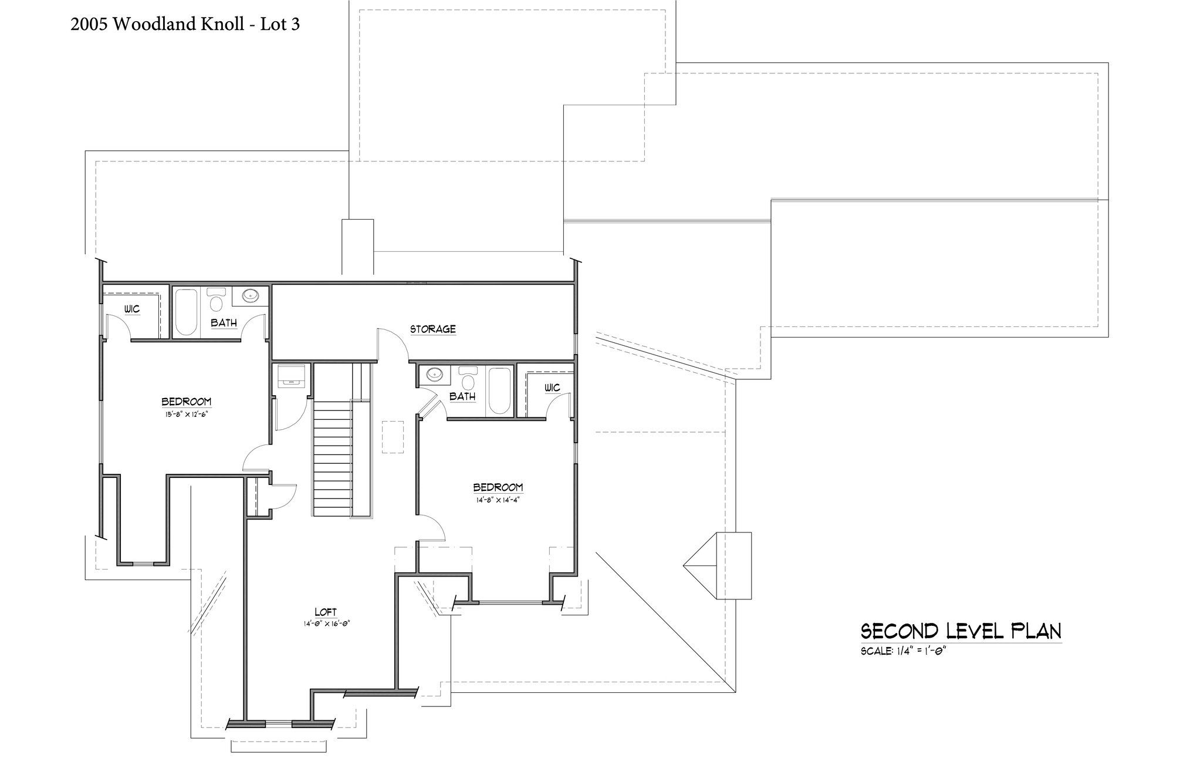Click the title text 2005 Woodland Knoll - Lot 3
point(185,24)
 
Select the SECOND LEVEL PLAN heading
point(961,631)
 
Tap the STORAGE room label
point(433,329)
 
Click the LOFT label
point(326,612)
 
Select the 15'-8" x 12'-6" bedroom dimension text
point(187,413)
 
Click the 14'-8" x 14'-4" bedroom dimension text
point(498,500)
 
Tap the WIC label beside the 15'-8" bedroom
point(132,309)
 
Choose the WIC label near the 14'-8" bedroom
point(552,387)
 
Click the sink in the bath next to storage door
point(435,374)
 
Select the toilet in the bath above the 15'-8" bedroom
point(217,299)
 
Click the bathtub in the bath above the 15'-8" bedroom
point(187,312)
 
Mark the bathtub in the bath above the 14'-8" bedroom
point(499,391)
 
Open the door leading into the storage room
point(392,343)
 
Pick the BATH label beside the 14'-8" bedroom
point(462,396)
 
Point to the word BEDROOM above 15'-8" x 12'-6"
point(187,402)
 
